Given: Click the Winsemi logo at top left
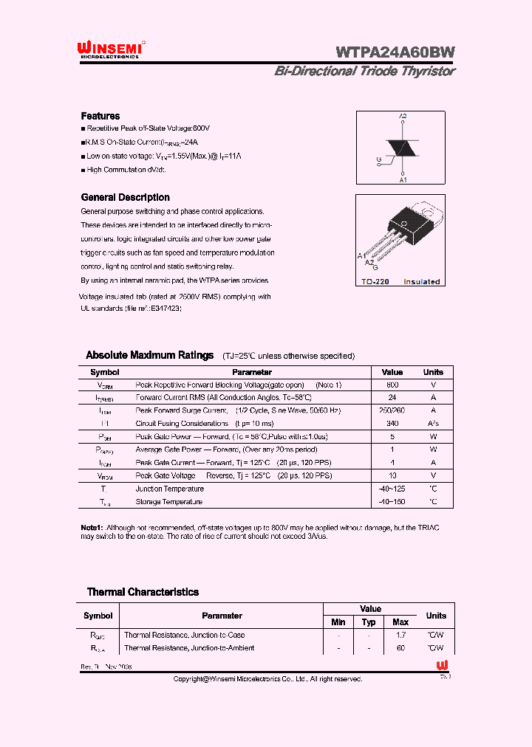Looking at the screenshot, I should (110, 49).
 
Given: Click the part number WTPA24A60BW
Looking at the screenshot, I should (395, 52).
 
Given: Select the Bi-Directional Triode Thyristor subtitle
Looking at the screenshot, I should (364, 72).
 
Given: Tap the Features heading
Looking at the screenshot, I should (100, 116).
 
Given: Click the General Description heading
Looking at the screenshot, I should (125, 197).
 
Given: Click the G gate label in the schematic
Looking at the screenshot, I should (378, 159).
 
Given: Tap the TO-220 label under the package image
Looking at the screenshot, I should (375, 282).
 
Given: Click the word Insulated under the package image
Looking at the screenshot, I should (421, 282).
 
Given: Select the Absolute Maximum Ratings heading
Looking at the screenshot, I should (149, 355).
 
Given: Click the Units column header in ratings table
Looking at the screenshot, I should (433, 372).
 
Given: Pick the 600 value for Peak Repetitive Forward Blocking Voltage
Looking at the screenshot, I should (392, 385).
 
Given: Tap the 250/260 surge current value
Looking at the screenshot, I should (392, 410).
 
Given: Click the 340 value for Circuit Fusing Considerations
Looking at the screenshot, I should (392, 424).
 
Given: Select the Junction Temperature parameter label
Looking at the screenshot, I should (169, 489).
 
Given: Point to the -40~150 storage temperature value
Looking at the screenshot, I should (392, 502).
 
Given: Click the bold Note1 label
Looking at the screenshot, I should (92, 529).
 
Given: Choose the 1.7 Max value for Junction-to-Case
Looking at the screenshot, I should (400, 635).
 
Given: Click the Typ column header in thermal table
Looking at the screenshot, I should (369, 622).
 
